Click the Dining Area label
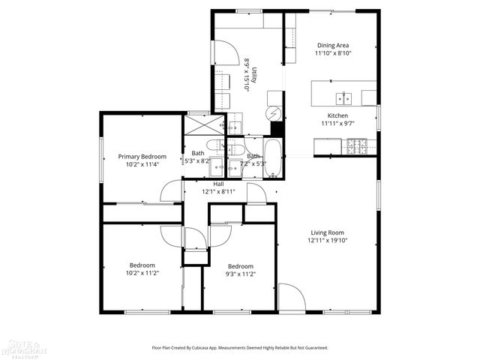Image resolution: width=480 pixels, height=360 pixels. coord(333,45)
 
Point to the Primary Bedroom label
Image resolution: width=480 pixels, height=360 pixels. coord(142,156)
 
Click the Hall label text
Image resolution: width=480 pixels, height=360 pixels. coord(218,184)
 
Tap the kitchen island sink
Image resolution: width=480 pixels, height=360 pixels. coord(344,97)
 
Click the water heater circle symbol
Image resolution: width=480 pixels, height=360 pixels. coord(274,113)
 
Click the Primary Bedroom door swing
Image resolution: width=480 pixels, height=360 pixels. coord(172,190)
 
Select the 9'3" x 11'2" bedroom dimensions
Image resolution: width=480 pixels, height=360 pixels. coord(240,274)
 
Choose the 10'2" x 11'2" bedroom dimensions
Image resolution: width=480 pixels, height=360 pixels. coord(142,274)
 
